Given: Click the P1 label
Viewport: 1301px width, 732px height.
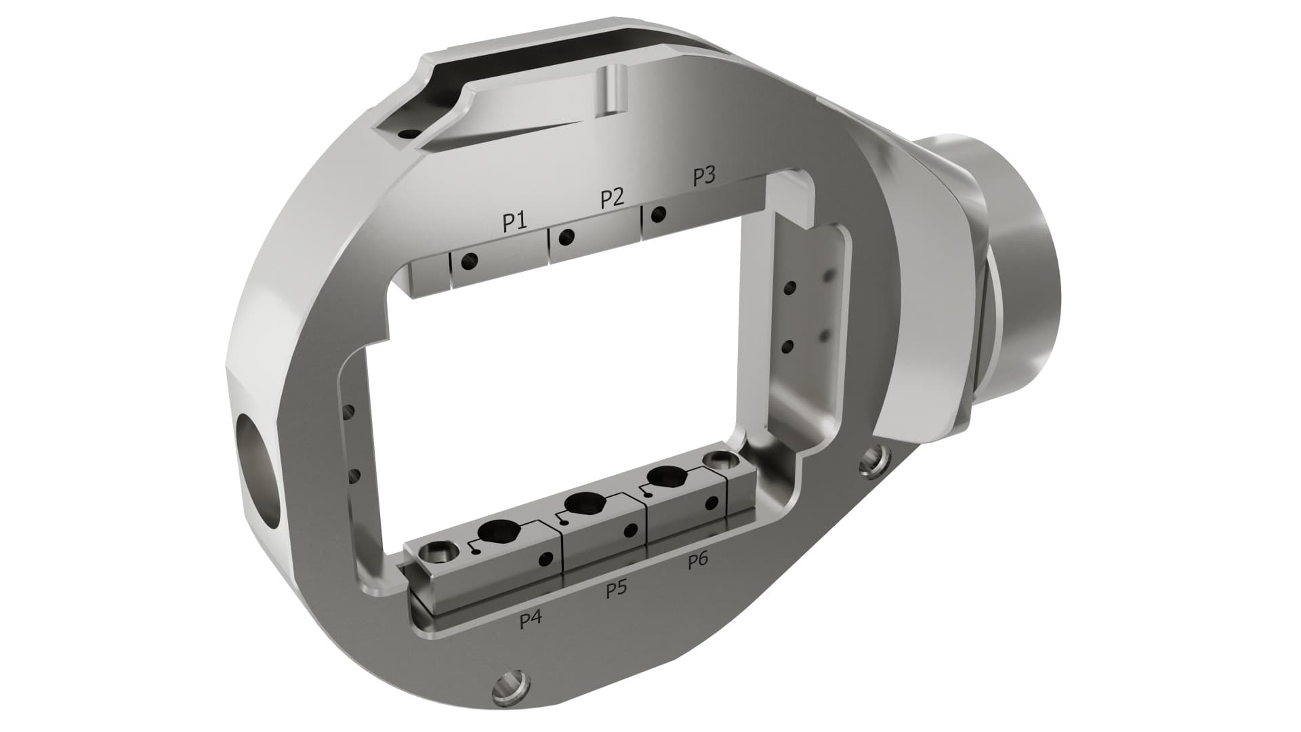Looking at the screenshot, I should pos(514,222).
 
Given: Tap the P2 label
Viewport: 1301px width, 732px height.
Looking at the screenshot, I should pos(612,199).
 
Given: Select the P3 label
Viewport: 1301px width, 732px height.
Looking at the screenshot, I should pos(704,176).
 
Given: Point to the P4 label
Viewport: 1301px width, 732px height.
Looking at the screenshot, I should pos(531,619).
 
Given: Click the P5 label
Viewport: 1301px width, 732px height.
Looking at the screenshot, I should pos(616,589).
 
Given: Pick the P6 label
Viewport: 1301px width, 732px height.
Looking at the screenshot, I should pos(698,560).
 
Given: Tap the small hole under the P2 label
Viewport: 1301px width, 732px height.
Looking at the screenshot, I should pos(566,237).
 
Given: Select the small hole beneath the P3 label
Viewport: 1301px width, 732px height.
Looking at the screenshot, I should pos(657,216).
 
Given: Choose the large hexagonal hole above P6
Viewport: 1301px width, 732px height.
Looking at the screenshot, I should pos(663,476).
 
